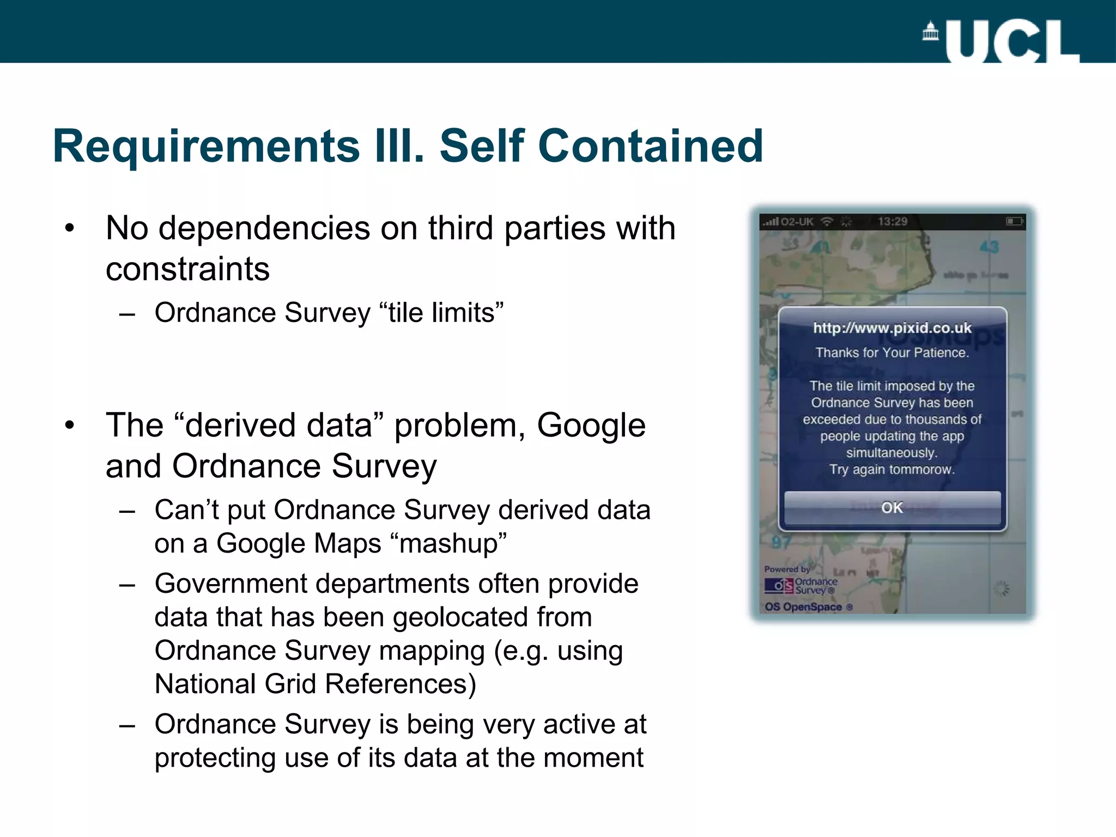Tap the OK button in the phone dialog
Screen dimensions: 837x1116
pyautogui.click(x=892, y=508)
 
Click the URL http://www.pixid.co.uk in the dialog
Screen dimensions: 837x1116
pyautogui.click(x=892, y=328)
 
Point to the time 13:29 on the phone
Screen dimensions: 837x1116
pyautogui.click(x=893, y=221)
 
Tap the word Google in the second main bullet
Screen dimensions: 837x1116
pyautogui.click(x=591, y=425)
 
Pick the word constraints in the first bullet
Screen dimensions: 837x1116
pyautogui.click(x=187, y=269)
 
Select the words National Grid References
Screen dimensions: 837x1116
pyautogui.click(x=315, y=684)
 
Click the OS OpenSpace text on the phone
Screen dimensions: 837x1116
pyautogui.click(x=804, y=607)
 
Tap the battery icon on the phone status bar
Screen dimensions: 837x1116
pyautogui.click(x=1014, y=221)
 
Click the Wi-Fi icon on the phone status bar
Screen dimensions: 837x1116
pyautogui.click(x=827, y=221)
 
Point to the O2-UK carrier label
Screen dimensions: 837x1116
pyautogui.click(x=797, y=222)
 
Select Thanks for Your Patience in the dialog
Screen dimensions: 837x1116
pyautogui.click(x=892, y=353)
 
